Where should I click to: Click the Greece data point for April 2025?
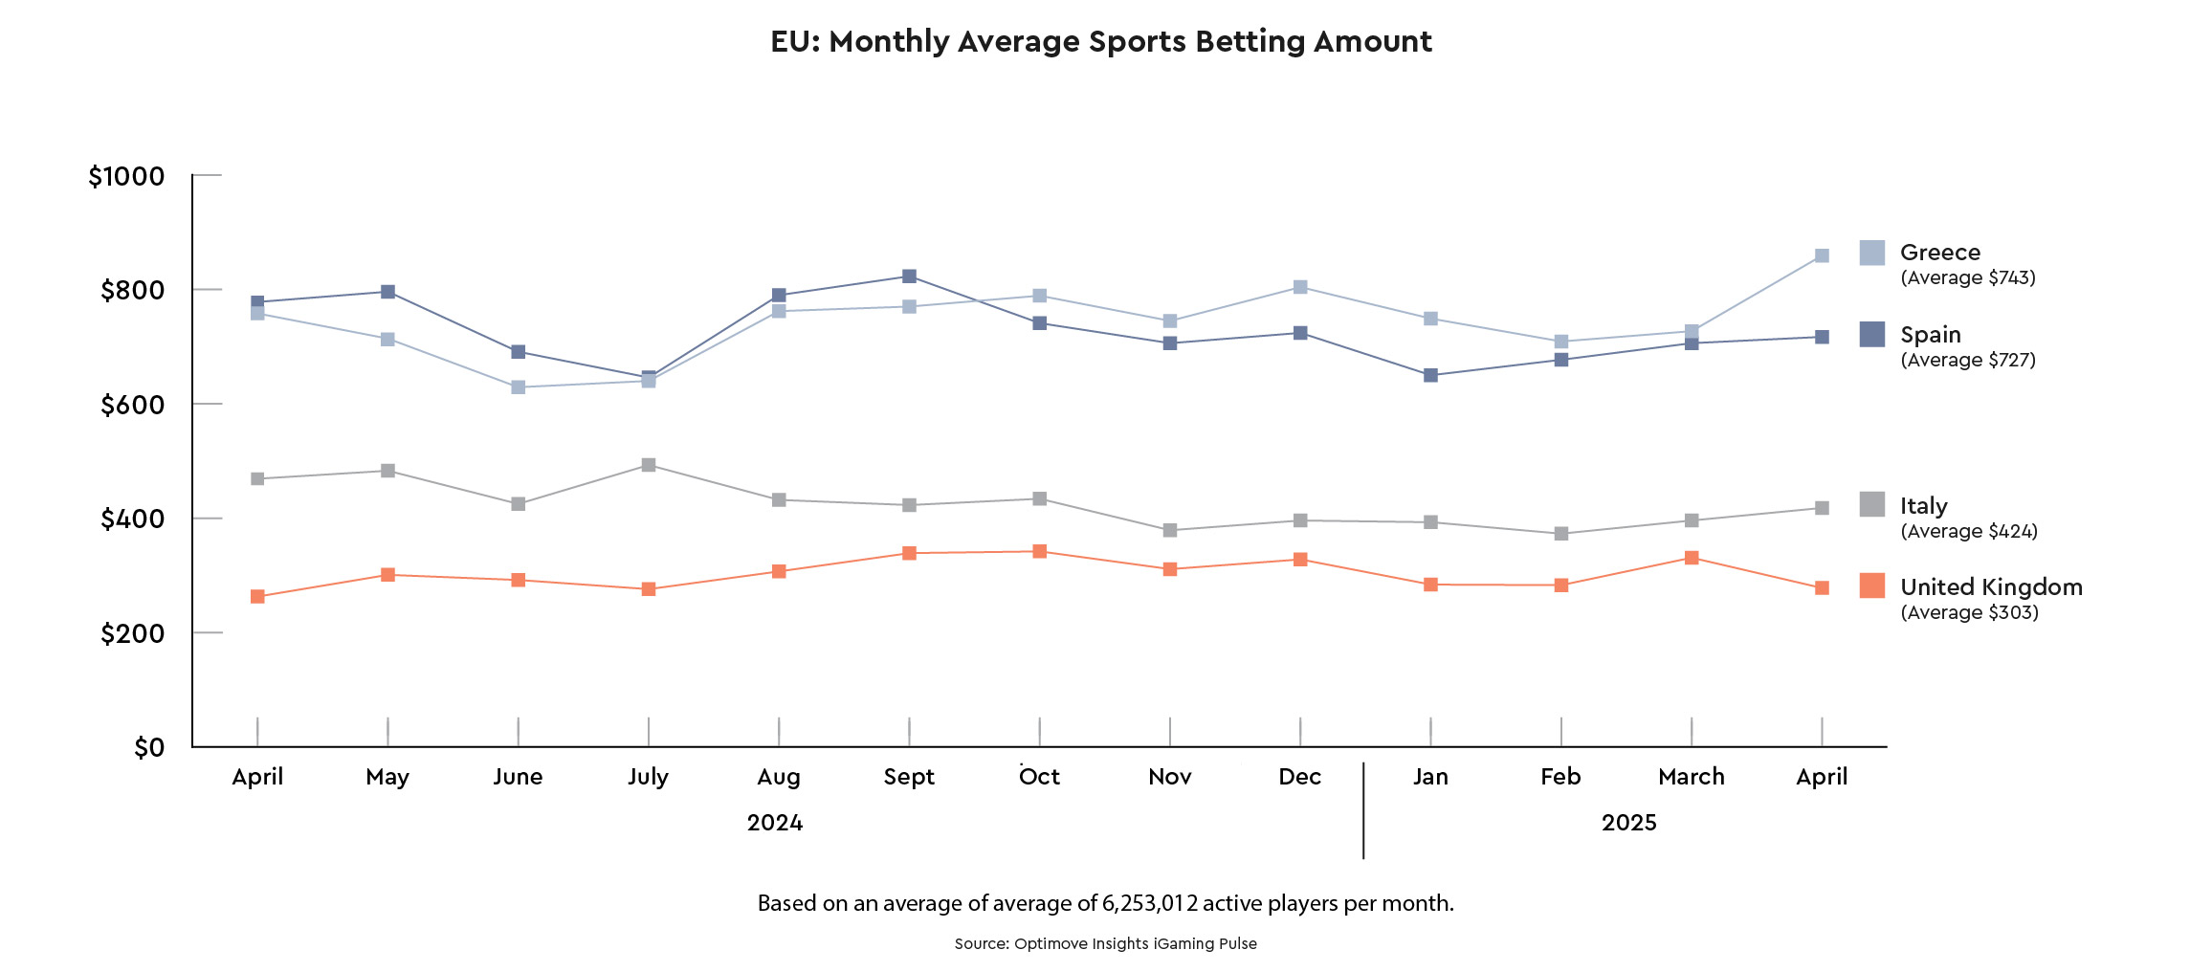tap(1822, 255)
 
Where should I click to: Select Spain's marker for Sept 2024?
tap(909, 276)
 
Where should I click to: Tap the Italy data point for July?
tap(649, 465)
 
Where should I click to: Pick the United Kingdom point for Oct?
tap(1040, 551)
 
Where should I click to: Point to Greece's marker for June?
tap(518, 387)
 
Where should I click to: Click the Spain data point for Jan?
tap(1430, 375)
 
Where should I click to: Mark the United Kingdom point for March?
tap(1692, 558)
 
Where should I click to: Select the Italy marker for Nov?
tap(1170, 530)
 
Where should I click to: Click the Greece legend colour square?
tap(1872, 253)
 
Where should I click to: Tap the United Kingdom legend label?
tap(1991, 586)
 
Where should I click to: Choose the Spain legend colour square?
tap(1872, 334)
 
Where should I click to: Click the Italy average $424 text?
tap(1969, 531)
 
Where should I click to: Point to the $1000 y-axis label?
tap(126, 176)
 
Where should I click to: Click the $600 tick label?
tap(132, 405)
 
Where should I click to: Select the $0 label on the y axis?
tap(149, 747)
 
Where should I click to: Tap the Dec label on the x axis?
tap(1299, 776)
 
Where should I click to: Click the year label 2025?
tap(1628, 823)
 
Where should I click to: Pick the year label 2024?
tap(774, 823)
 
